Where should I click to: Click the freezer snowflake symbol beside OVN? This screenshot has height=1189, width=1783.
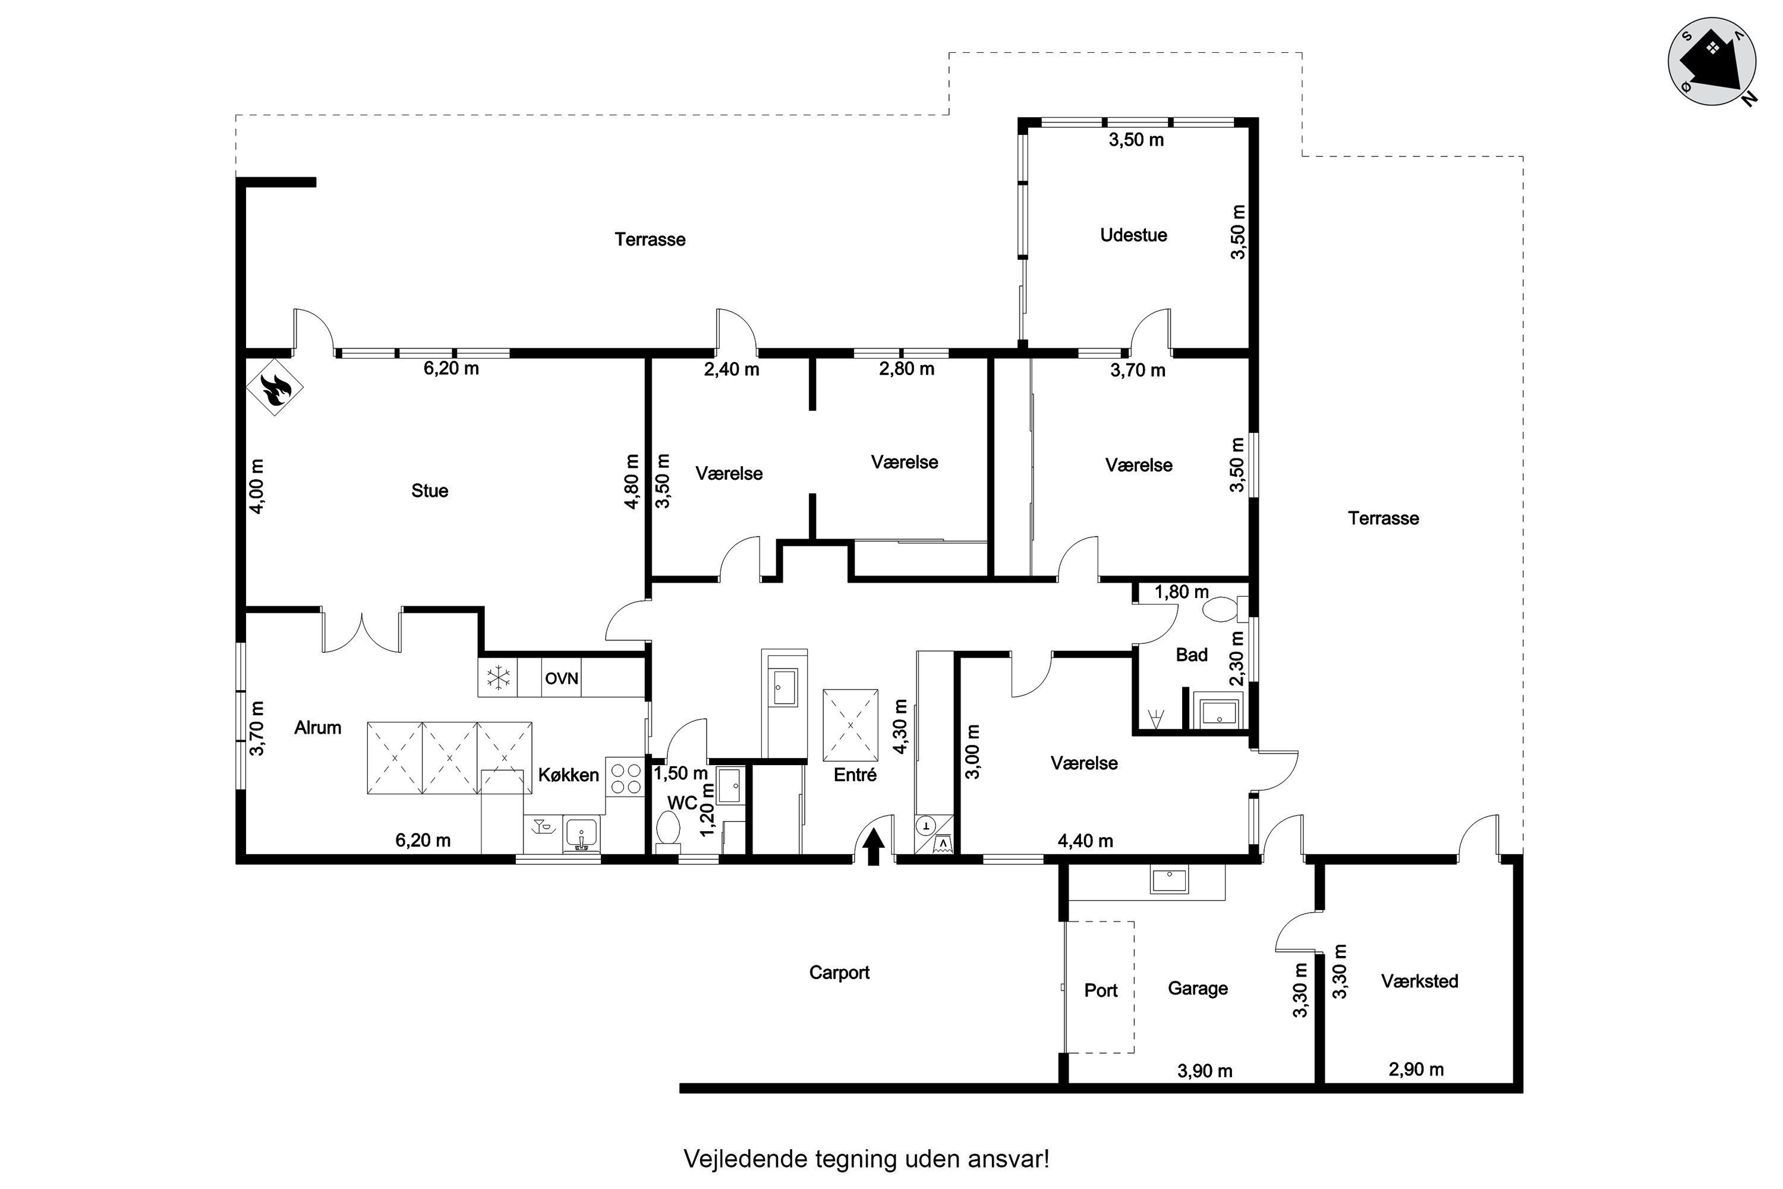pos(498,678)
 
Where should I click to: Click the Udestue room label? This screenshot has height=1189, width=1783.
pos(1133,235)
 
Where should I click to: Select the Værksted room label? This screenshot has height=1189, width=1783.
pos(1419,982)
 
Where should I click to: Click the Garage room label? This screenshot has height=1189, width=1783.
pos(1198,988)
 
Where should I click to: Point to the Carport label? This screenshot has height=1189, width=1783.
pos(839,973)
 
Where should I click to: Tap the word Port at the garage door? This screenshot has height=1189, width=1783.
pos(1101,990)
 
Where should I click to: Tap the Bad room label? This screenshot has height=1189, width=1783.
pos(1192,655)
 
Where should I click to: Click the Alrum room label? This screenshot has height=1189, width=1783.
pos(317,728)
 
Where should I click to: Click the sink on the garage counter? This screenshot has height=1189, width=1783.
pos(1169,880)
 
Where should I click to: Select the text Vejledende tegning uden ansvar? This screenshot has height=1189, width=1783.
pos(867,1159)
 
